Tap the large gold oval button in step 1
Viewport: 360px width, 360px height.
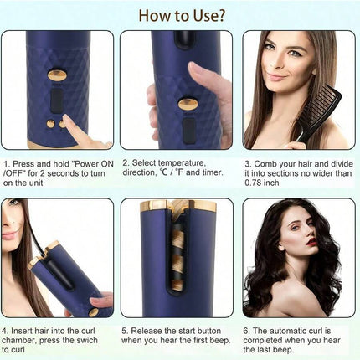pyautogui.click(x=57, y=75)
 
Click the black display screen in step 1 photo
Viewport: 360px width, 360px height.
pyautogui.click(x=57, y=100)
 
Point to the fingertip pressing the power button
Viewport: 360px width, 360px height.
pyautogui.click(x=67, y=120)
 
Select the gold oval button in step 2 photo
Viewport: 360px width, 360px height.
pyautogui.click(x=188, y=104)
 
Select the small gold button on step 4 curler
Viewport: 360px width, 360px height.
pyautogui.click(x=94, y=312)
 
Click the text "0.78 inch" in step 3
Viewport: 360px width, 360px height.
pyautogui.click(x=262, y=183)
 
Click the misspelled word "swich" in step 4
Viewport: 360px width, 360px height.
pyautogui.click(x=87, y=340)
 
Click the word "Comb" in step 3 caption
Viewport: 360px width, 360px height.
pyautogui.click(x=265, y=164)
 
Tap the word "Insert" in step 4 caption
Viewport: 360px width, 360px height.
pyautogui.click(x=22, y=331)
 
